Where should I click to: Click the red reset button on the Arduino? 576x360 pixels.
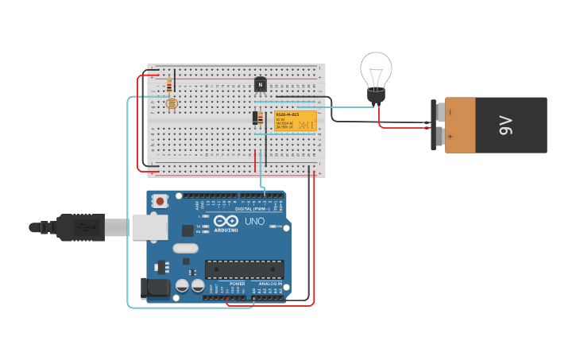[x=160, y=202]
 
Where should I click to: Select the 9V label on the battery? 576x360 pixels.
[x=506, y=125]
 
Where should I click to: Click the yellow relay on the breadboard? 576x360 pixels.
[x=296, y=121]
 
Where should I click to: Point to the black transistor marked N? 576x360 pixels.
[x=260, y=84]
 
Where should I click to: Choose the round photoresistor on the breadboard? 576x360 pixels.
[x=171, y=103]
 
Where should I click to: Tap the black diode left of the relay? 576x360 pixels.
[x=257, y=118]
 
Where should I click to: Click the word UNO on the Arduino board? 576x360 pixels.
[x=254, y=222]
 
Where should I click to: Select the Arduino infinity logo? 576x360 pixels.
[x=226, y=222]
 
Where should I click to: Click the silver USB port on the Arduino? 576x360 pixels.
[x=149, y=227]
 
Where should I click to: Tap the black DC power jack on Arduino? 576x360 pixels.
[x=156, y=288]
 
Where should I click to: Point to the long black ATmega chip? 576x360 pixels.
[x=244, y=269]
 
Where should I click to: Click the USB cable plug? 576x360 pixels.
[x=79, y=227]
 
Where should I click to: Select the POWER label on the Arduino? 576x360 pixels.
[x=238, y=284]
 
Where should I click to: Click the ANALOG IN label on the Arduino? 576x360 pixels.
[x=269, y=284]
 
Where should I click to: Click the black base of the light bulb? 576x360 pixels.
[x=376, y=97]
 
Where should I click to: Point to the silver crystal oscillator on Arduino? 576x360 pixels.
[x=185, y=248]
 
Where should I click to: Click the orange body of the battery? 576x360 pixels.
[x=459, y=125]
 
